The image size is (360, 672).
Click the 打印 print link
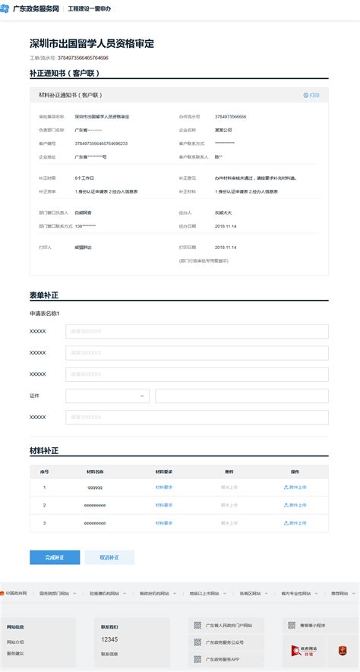point(311,96)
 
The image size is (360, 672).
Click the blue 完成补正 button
point(55,557)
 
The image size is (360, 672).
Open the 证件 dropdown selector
point(107,396)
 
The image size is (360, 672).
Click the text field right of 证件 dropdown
point(242,396)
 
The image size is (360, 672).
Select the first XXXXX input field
point(197,332)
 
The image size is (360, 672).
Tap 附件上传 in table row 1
point(295,487)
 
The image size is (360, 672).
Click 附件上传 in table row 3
point(295,523)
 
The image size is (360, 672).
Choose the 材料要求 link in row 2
point(164,505)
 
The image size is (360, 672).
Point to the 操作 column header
point(295,471)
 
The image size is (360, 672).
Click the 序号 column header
point(44,471)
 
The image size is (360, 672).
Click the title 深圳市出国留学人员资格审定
point(92,43)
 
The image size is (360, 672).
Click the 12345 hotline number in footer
point(109,639)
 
